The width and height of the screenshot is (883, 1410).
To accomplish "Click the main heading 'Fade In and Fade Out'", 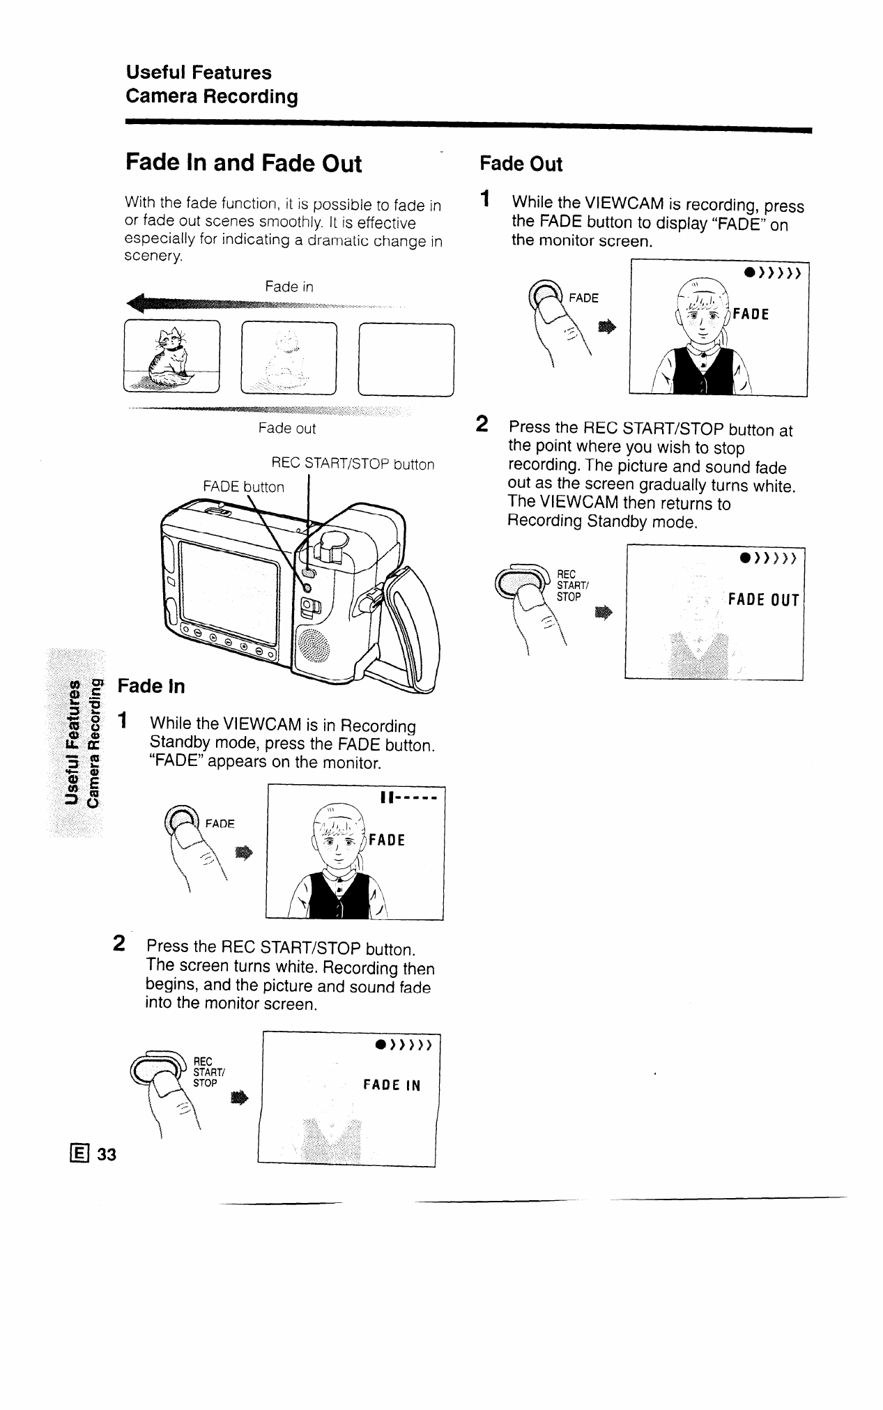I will click(x=243, y=163).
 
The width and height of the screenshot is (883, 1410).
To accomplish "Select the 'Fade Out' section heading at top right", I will click(x=521, y=164).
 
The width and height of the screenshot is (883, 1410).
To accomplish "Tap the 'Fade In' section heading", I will click(x=151, y=686).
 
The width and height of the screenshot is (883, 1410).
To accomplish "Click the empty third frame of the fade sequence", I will click(x=406, y=360).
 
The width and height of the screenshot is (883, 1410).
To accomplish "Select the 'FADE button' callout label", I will click(x=243, y=486).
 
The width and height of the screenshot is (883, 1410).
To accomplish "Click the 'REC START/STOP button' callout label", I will click(x=352, y=464).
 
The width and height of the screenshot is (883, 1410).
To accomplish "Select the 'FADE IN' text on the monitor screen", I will click(x=392, y=1085).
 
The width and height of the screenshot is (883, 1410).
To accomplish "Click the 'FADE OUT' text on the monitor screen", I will click(x=763, y=600).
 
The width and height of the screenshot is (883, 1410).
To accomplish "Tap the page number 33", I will click(x=107, y=1155).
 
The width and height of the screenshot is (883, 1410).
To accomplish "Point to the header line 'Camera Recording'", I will click(x=212, y=97).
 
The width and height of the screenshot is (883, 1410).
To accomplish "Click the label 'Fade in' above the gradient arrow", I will click(x=289, y=286).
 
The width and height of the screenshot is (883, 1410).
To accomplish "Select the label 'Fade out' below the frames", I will click(x=286, y=428).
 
